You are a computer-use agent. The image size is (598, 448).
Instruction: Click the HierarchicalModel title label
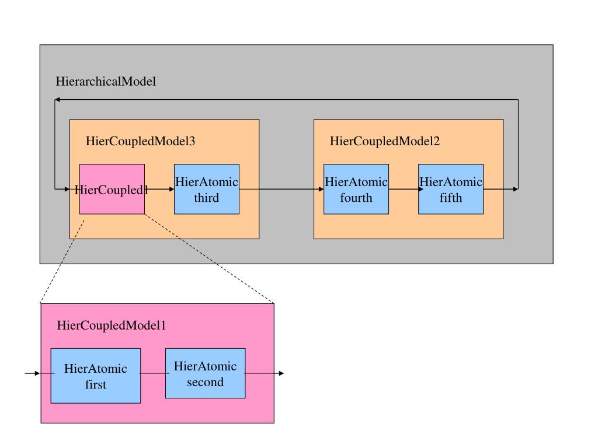[x=106, y=81]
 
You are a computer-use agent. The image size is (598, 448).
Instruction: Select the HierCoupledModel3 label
[x=140, y=141]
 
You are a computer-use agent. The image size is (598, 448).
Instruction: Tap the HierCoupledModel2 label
[x=384, y=141]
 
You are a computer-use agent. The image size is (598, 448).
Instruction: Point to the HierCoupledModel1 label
[x=112, y=325]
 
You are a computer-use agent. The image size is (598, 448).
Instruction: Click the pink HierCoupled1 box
[x=112, y=189]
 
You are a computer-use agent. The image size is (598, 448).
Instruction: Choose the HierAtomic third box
[x=207, y=189]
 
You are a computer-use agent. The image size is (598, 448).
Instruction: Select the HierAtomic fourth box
[x=356, y=189]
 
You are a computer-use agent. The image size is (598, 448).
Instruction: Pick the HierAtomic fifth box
[x=451, y=189]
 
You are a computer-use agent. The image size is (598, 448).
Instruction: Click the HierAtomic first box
[x=96, y=376]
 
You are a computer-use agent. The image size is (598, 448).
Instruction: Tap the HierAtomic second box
[x=205, y=373]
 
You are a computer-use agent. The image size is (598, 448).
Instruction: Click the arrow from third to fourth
[x=281, y=189]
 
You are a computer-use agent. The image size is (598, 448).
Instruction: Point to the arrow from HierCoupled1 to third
[x=159, y=189]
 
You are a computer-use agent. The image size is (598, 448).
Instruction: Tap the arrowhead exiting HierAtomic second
[x=281, y=373]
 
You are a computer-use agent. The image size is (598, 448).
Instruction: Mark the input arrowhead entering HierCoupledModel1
[x=37, y=373]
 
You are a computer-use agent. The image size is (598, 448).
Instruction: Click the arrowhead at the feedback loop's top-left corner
[x=57, y=99]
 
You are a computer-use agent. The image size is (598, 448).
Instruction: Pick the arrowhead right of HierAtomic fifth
[x=516, y=189]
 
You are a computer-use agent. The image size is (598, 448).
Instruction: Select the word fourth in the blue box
[x=356, y=198]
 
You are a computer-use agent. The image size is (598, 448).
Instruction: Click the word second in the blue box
[x=205, y=382]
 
